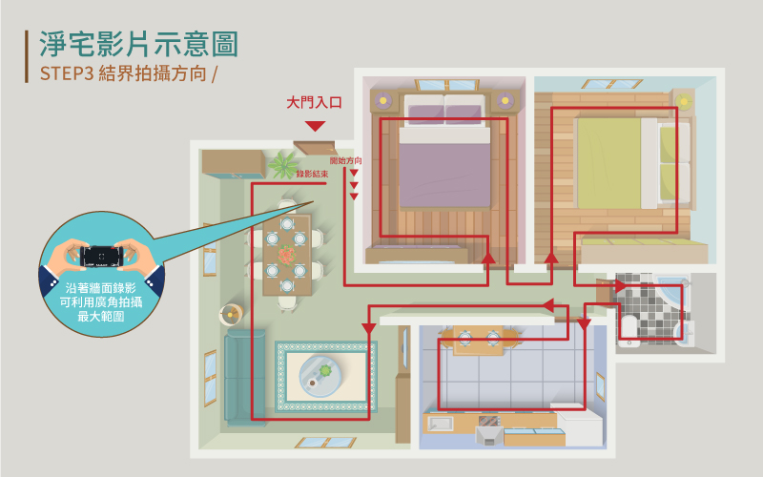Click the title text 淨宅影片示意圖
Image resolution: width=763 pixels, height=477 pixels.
pyautogui.click(x=139, y=43)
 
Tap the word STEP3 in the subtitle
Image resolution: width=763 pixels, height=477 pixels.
pyautogui.click(x=66, y=74)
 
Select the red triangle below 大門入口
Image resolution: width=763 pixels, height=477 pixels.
pyautogui.click(x=316, y=126)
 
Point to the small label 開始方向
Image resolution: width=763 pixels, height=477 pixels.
pyautogui.click(x=345, y=161)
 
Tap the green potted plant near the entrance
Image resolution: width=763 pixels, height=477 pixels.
pyautogui.click(x=282, y=165)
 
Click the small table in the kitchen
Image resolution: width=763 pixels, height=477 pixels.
pyautogui.click(x=478, y=340)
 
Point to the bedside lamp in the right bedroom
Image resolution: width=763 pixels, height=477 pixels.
pyautogui.click(x=682, y=100)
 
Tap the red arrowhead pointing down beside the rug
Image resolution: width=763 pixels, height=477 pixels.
pyautogui.click(x=368, y=328)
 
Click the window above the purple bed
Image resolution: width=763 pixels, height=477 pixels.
pyautogui.click(x=444, y=83)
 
